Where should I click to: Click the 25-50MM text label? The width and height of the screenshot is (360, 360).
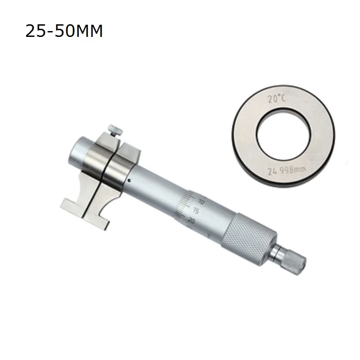[64, 31]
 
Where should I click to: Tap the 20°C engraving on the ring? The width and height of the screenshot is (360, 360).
[277, 99]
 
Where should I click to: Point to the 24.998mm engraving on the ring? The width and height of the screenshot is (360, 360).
[287, 170]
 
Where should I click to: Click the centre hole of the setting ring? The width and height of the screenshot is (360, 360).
[284, 135]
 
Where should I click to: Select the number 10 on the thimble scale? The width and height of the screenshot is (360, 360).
[201, 202]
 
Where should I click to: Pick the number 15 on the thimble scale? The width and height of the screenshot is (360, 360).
[196, 211]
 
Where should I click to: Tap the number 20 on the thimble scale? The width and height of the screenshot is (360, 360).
[191, 220]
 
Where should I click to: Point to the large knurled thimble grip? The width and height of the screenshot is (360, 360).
[250, 239]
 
